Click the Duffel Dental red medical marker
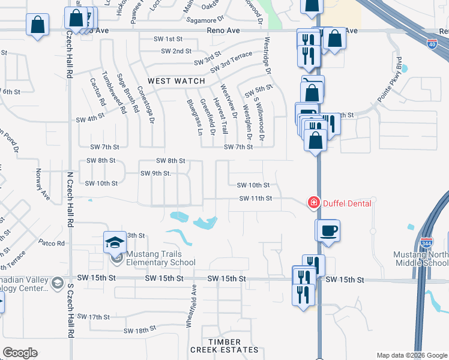click(313, 203)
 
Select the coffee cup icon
click(328, 230)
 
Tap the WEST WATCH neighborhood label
click(176, 81)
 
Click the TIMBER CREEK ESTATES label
click(224, 345)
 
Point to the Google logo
click(20, 352)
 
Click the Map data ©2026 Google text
click(411, 355)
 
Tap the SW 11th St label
click(256, 198)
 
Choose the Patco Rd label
click(52, 243)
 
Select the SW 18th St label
click(140, 330)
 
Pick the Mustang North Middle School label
click(421, 259)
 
